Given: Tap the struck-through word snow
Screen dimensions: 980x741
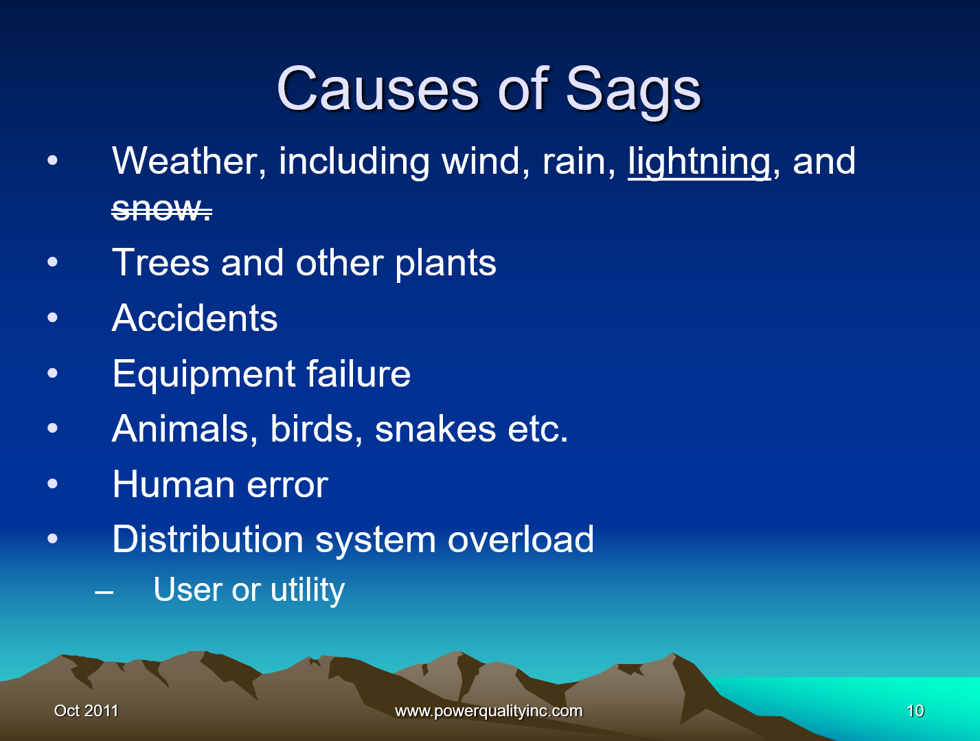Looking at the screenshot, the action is [x=161, y=209].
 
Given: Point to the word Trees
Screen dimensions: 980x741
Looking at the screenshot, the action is [x=160, y=262].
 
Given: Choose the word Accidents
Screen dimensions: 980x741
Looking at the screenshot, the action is [x=194, y=318].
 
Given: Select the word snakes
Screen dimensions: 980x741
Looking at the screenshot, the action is [x=435, y=429].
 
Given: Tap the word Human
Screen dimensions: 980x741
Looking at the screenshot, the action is [x=174, y=484].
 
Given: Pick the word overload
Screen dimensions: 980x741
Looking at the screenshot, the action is [x=521, y=539].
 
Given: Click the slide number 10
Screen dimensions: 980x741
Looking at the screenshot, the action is [x=915, y=711].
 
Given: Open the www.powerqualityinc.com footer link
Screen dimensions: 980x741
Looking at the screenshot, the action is [x=489, y=711].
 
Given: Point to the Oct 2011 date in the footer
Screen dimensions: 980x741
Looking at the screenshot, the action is [x=86, y=711].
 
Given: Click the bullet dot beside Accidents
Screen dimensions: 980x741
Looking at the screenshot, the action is [x=53, y=317].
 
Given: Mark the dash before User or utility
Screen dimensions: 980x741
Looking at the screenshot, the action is [x=104, y=593].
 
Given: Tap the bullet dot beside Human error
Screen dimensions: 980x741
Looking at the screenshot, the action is [x=53, y=483].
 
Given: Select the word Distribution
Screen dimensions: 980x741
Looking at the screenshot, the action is [x=207, y=539].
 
